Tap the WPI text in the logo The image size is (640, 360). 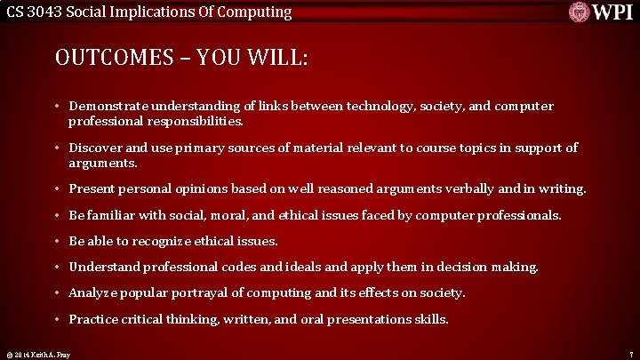[x=612, y=12]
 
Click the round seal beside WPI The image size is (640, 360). [x=580, y=12]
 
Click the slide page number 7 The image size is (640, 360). [x=629, y=354]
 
